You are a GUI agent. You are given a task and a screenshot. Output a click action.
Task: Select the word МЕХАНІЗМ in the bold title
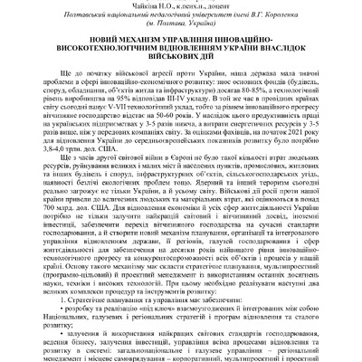[x=139, y=43]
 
